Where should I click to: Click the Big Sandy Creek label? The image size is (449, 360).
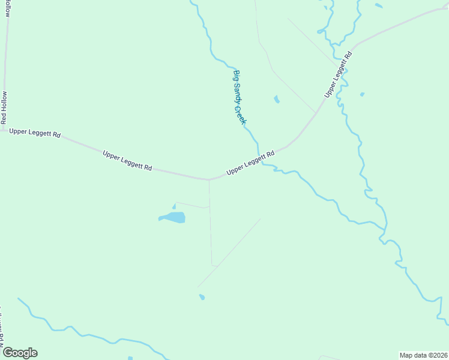[240, 97]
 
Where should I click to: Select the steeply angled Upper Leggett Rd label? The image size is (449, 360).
[339, 74]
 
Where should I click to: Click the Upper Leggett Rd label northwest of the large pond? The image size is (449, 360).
[127, 160]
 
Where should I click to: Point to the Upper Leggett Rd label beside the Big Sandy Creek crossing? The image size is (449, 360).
[250, 163]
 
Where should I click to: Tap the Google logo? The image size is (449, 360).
[20, 352]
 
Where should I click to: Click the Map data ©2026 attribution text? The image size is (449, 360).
[424, 355]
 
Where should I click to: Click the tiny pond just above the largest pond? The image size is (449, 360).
[174, 206]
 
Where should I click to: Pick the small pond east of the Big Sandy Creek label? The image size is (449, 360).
[276, 99]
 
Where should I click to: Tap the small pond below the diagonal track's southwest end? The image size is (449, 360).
[202, 297]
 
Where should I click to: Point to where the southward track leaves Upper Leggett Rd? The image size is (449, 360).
[209, 179]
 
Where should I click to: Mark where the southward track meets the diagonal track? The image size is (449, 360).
[214, 265]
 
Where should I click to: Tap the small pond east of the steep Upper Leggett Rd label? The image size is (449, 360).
[362, 94]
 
